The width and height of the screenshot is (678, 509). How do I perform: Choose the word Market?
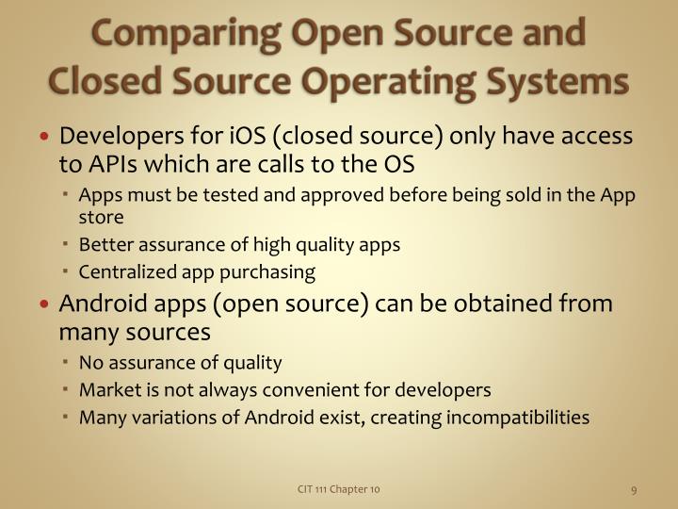pos(107,389)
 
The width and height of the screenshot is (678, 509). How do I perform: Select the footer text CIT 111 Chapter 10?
pos(339,488)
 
